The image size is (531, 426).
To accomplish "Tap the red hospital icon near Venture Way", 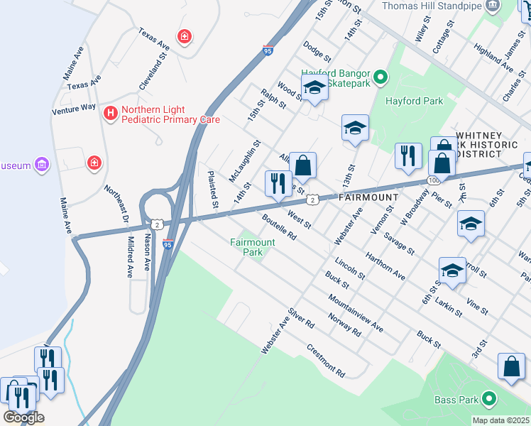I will pos(110,114).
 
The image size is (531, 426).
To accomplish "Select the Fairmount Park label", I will pos(252,247).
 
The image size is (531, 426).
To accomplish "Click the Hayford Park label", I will pos(414,101).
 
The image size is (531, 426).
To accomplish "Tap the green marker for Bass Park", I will pos(489,400).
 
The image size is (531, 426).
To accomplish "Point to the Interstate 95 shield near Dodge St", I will pos(267,50).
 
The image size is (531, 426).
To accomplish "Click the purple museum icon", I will pos(43,165).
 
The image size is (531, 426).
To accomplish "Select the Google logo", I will pos(23,417).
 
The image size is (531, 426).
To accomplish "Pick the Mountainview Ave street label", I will pos(356,313).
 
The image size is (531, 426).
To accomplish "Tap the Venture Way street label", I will pos(74,109).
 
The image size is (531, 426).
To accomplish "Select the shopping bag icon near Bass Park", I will pos(511,366).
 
